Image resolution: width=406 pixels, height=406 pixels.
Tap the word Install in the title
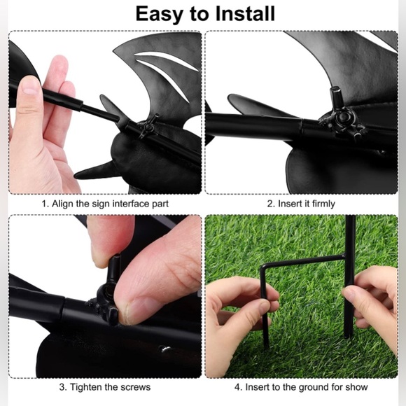[x=245, y=13]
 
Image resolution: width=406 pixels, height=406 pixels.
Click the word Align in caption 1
[x=62, y=204]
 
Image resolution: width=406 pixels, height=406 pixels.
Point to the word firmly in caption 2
[x=323, y=204]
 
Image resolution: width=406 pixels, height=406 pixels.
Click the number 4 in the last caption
[x=238, y=387]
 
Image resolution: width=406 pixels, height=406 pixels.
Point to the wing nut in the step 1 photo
[x=149, y=127]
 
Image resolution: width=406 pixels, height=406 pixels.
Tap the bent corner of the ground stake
[x=263, y=268]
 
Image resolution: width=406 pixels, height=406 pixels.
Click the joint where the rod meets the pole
[x=345, y=257]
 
